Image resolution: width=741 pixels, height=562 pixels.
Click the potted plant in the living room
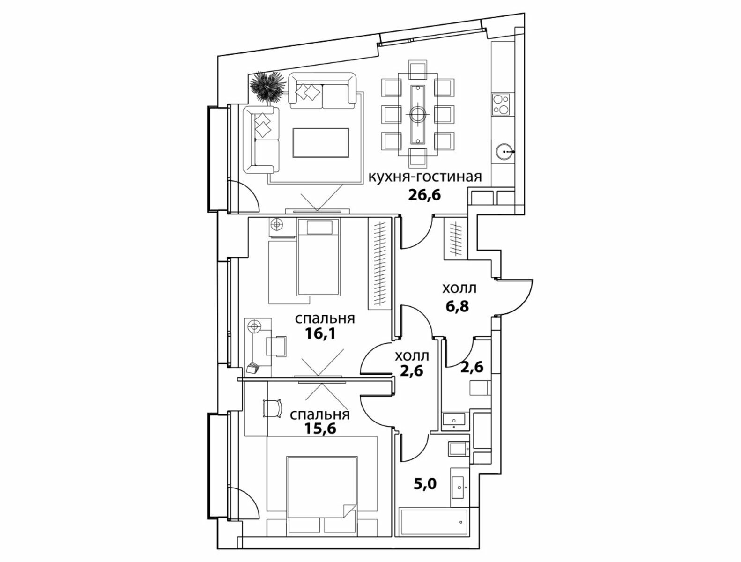tap(267, 86)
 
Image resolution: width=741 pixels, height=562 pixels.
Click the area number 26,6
tap(424, 195)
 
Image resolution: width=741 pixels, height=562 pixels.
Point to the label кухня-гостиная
tap(425, 177)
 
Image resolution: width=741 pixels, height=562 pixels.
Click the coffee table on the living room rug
tap(321, 143)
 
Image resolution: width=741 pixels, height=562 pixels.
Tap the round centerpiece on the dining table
tap(418, 114)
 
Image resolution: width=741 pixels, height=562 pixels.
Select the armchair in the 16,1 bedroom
tap(276, 347)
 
